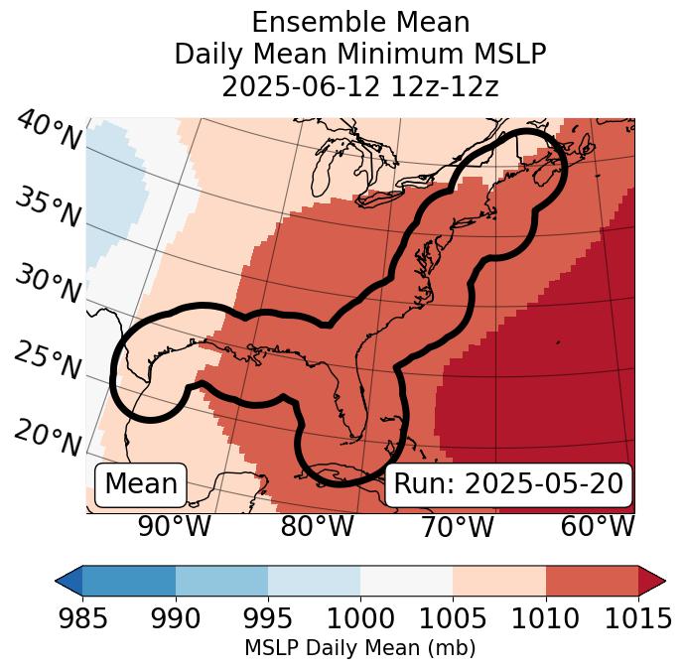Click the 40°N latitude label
point(49,131)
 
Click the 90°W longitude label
point(175,527)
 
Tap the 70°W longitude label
point(457,527)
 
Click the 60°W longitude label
point(598,527)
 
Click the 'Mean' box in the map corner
point(141,484)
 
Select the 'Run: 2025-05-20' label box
point(508,484)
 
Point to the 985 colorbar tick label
point(82,618)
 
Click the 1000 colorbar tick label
point(360,618)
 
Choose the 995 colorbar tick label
point(268,618)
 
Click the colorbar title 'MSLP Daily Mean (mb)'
point(359,648)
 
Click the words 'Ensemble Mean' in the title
point(359,22)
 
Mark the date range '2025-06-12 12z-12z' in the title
point(359,86)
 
